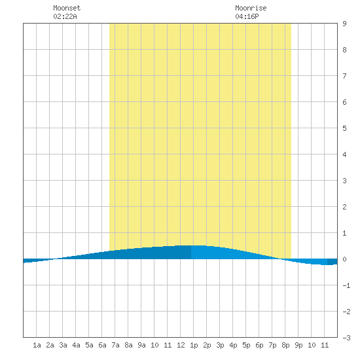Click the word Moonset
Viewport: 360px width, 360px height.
(x=67, y=8)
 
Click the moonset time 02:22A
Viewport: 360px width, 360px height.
(x=65, y=16)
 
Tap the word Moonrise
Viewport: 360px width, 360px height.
(x=251, y=8)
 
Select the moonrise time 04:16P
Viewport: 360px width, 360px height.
(x=247, y=16)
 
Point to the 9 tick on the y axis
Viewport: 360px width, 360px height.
(x=344, y=24)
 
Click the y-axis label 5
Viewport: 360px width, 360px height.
(x=344, y=128)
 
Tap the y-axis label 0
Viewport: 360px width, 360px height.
(x=344, y=259)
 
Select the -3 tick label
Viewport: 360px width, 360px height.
(x=346, y=338)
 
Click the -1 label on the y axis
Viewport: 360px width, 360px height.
(x=346, y=285)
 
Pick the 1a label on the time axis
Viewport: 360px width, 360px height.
(x=37, y=345)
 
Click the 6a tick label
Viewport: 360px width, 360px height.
(x=102, y=345)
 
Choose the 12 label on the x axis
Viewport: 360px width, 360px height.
(x=181, y=345)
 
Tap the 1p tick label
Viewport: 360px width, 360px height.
(x=194, y=345)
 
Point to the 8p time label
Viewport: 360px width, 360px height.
(x=285, y=345)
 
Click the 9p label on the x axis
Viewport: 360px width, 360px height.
(x=298, y=345)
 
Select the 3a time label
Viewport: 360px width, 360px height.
(x=63, y=345)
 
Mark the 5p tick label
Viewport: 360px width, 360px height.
(x=246, y=345)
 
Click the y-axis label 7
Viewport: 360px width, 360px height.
(x=344, y=76)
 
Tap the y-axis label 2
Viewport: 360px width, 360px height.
(x=344, y=207)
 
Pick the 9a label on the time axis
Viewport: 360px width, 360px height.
(x=141, y=345)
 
